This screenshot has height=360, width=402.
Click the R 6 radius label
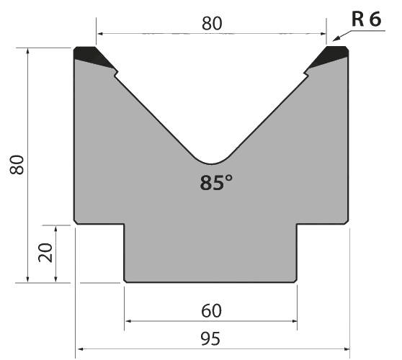(367, 19)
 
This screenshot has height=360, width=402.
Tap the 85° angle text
(216, 183)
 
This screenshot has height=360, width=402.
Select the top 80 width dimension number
(212, 24)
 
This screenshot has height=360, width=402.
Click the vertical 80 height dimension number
(17, 164)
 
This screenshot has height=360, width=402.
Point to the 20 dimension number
(45, 253)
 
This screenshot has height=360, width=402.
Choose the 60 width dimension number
(211, 310)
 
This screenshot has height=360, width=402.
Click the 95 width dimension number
(210, 338)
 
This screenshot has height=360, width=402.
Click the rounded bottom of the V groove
(211, 163)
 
